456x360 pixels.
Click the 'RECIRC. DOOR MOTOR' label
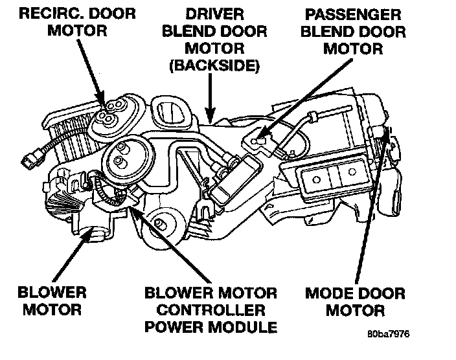[x=68, y=21]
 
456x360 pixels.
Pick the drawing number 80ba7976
[x=387, y=335]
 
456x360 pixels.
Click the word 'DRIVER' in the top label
[x=214, y=14]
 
